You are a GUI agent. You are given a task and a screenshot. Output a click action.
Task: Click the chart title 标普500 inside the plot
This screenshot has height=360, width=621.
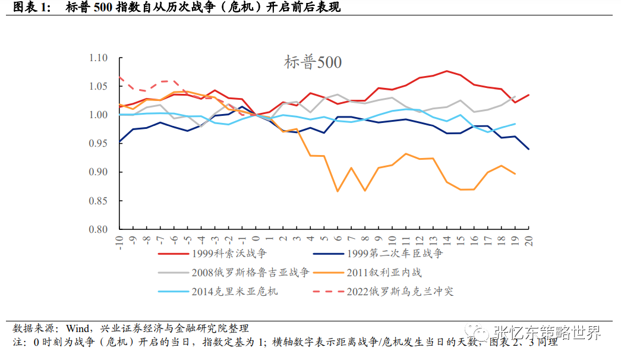click(313, 62)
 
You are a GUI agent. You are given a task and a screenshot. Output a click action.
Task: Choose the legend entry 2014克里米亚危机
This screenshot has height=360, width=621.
click(234, 291)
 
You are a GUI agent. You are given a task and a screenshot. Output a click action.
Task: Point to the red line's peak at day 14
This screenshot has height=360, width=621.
click(446, 71)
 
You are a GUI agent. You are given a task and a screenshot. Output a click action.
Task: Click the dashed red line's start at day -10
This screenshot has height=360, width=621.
click(120, 77)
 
